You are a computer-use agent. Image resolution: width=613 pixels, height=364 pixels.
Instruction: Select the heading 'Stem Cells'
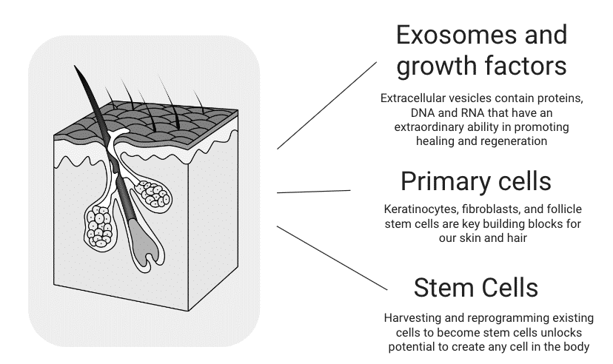point(475,287)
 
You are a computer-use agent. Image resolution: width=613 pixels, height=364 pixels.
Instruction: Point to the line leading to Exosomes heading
point(327,104)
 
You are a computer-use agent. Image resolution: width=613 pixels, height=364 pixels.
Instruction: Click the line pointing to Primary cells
point(313,192)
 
